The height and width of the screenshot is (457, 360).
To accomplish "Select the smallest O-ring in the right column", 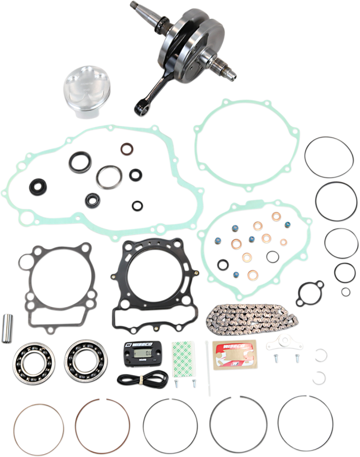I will (x=346, y=291).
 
